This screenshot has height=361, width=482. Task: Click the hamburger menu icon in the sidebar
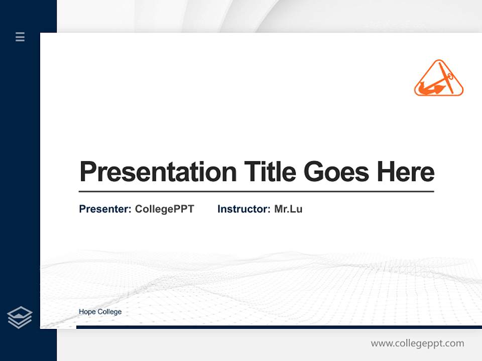point(20,37)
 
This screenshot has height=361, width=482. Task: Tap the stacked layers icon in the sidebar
point(20,317)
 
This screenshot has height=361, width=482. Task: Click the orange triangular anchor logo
point(438,79)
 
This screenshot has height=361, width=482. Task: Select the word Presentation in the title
point(158,172)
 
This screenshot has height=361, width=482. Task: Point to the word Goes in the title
point(337,172)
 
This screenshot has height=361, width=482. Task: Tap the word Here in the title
point(406,172)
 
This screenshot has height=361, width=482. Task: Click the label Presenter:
point(105,209)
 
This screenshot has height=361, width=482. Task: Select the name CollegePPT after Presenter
point(164,209)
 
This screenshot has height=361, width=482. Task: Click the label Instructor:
point(244,209)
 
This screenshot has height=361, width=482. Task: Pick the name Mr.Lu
point(288,209)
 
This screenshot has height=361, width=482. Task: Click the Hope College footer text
point(100,312)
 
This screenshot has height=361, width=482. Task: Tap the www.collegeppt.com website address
point(417,343)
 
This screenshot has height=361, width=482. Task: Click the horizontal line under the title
point(256,192)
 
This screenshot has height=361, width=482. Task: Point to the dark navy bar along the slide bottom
point(279,327)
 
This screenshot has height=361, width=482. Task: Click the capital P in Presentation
point(88,172)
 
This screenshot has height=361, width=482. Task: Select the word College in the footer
point(109,312)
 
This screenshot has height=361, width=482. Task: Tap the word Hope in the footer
point(87,312)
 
